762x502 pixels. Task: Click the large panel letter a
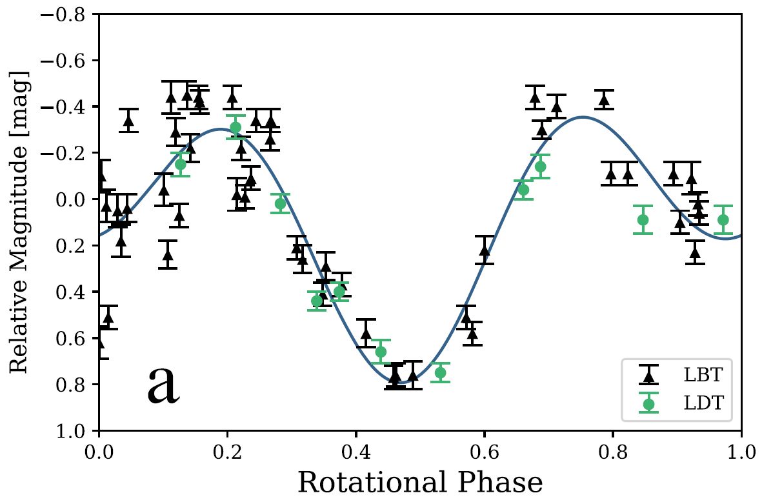coord(163,386)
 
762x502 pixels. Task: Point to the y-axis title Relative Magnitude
coord(19,222)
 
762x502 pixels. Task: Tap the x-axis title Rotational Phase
coord(420,482)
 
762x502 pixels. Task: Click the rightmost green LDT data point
coord(723,219)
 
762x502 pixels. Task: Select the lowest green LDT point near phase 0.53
coord(441,372)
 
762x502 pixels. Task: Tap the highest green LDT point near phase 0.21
coord(236,127)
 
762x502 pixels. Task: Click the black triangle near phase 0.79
coord(604,99)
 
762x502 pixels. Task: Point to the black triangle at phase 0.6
coord(485,250)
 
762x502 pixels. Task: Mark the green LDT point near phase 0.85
coord(643,219)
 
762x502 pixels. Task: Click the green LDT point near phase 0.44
coord(381,352)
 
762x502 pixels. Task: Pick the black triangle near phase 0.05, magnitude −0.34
coord(129,120)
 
